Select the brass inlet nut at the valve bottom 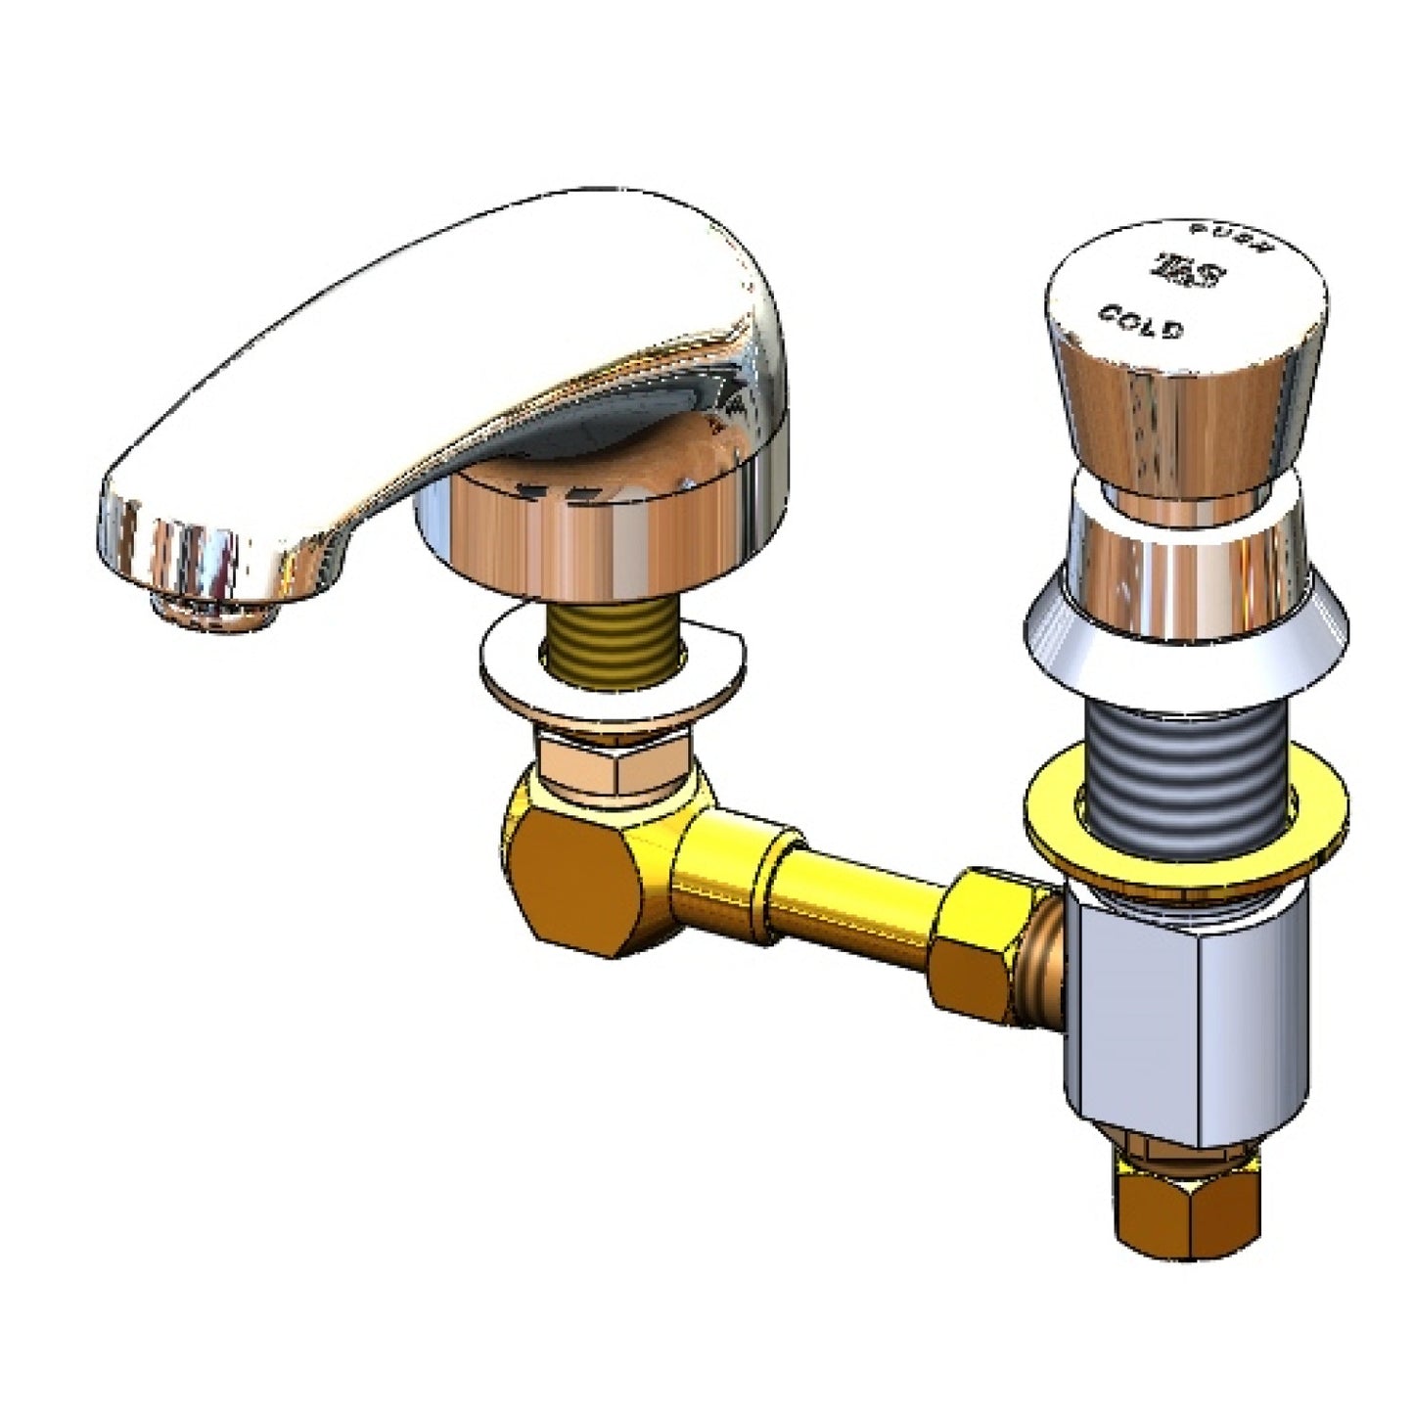pos(1184,1213)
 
